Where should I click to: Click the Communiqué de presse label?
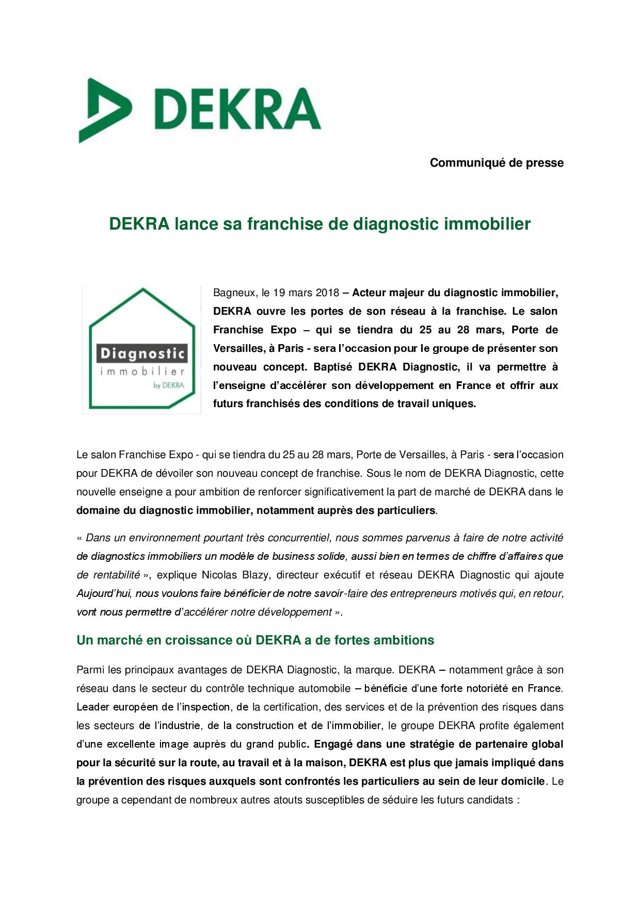click(x=497, y=163)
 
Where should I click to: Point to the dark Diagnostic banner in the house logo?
click(x=142, y=354)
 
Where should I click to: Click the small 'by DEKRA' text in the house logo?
click(x=168, y=385)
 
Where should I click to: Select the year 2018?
click(x=327, y=293)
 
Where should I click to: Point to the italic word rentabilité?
click(x=108, y=575)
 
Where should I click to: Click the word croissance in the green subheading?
click(x=195, y=640)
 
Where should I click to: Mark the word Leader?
click(x=92, y=707)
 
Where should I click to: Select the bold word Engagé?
click(x=333, y=744)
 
